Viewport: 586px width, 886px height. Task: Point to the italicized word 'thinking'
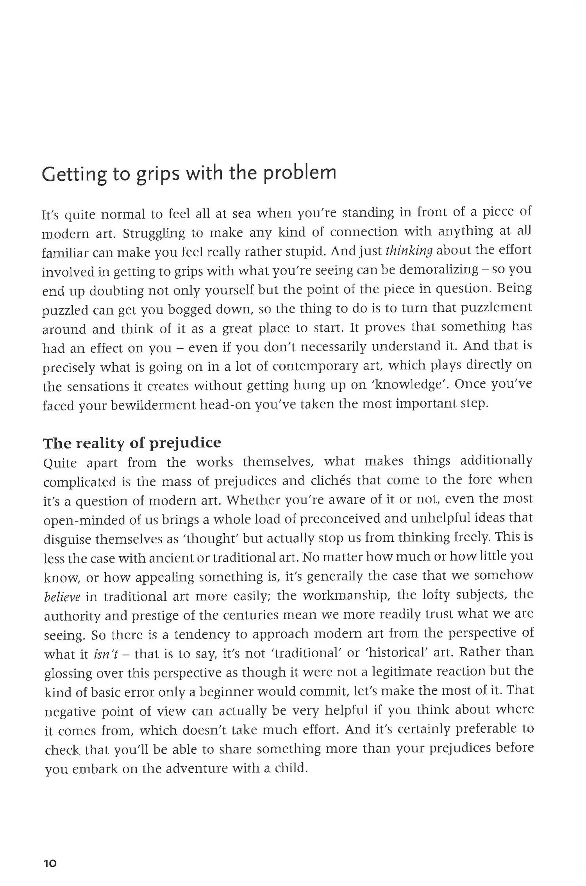409,250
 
